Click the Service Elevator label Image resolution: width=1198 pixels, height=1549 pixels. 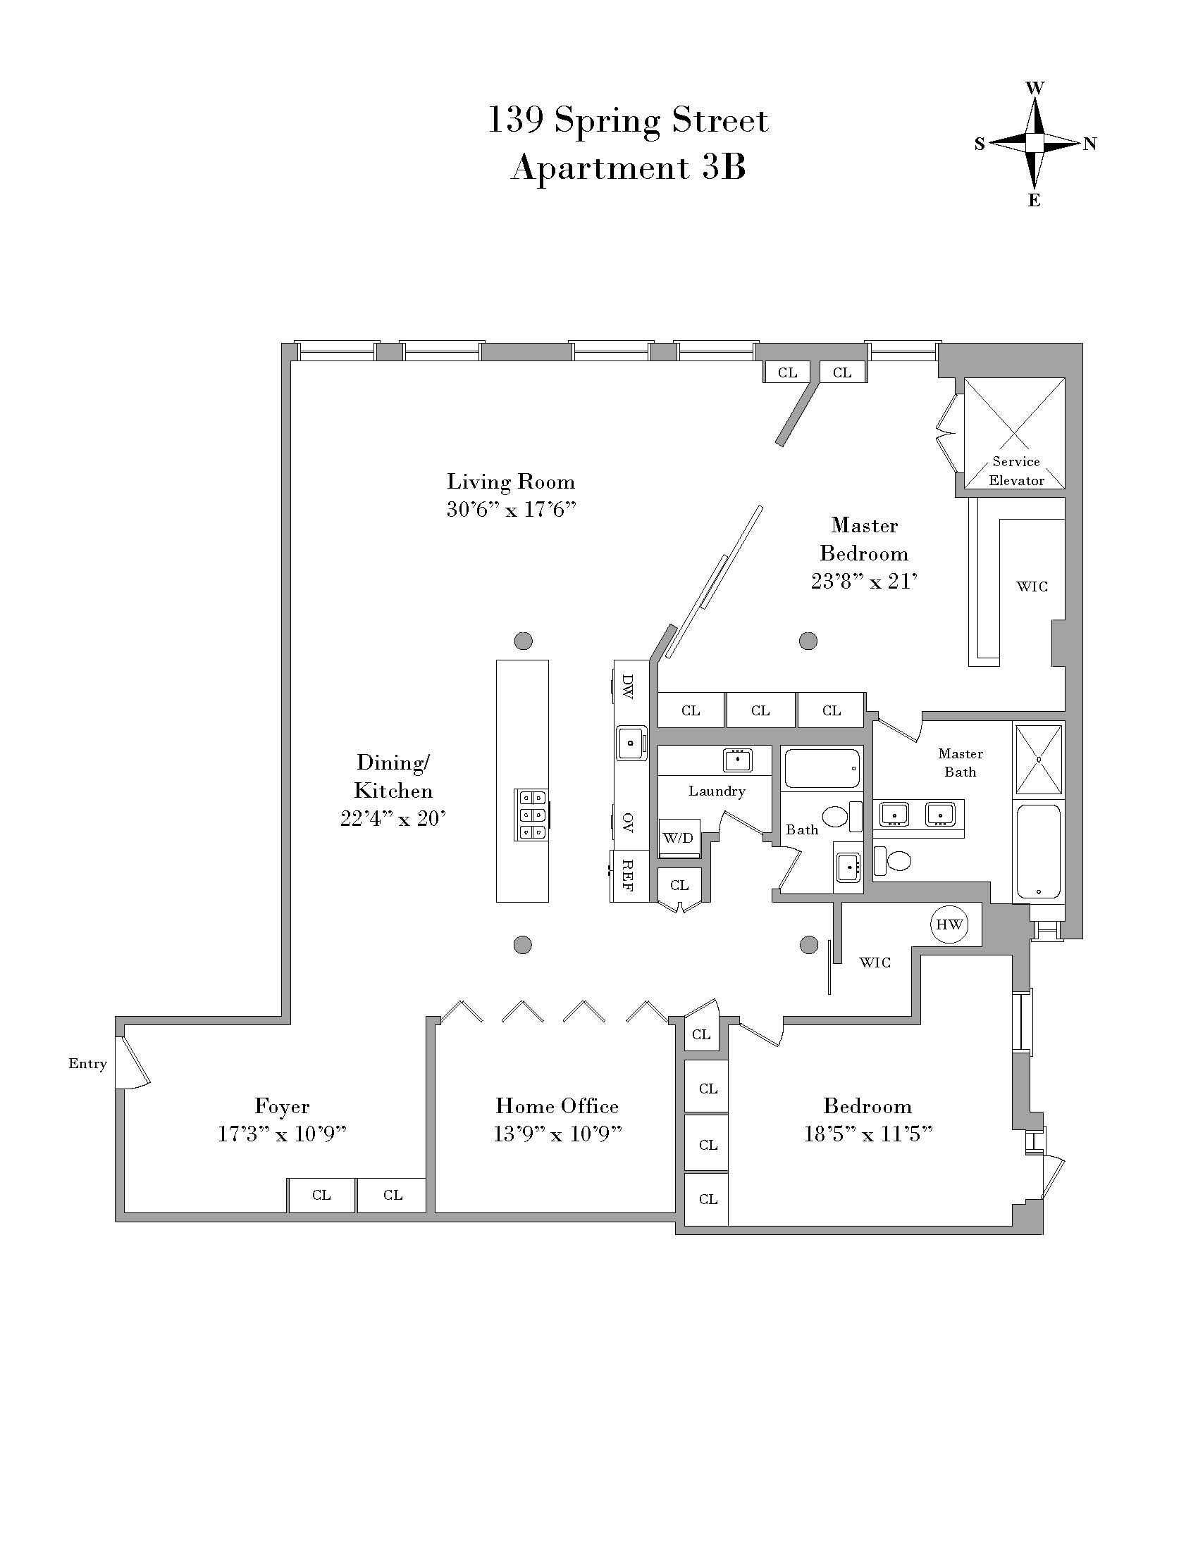click(1015, 471)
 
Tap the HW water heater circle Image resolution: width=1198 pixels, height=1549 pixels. click(949, 924)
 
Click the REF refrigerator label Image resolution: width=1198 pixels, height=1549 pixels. click(628, 875)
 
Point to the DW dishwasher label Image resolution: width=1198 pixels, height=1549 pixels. click(627, 686)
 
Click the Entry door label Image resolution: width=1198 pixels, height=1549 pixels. click(87, 1063)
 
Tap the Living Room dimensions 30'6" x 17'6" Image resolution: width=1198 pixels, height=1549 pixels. click(510, 510)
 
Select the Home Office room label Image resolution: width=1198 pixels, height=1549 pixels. click(557, 1105)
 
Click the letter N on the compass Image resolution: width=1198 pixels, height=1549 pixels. click(1090, 144)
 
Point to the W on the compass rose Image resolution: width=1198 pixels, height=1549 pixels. click(1035, 88)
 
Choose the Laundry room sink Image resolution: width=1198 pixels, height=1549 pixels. click(738, 760)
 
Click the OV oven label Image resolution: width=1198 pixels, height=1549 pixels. click(627, 822)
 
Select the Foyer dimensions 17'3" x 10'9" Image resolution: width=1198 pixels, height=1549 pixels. click(282, 1134)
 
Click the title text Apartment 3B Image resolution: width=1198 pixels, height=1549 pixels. click(628, 168)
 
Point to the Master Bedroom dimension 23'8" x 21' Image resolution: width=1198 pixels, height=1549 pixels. click(864, 582)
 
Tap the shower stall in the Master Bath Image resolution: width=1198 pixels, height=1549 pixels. click(1039, 759)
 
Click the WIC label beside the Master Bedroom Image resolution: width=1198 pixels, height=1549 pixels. click(1032, 587)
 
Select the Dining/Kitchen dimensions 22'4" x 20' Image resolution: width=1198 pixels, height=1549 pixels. click(393, 819)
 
